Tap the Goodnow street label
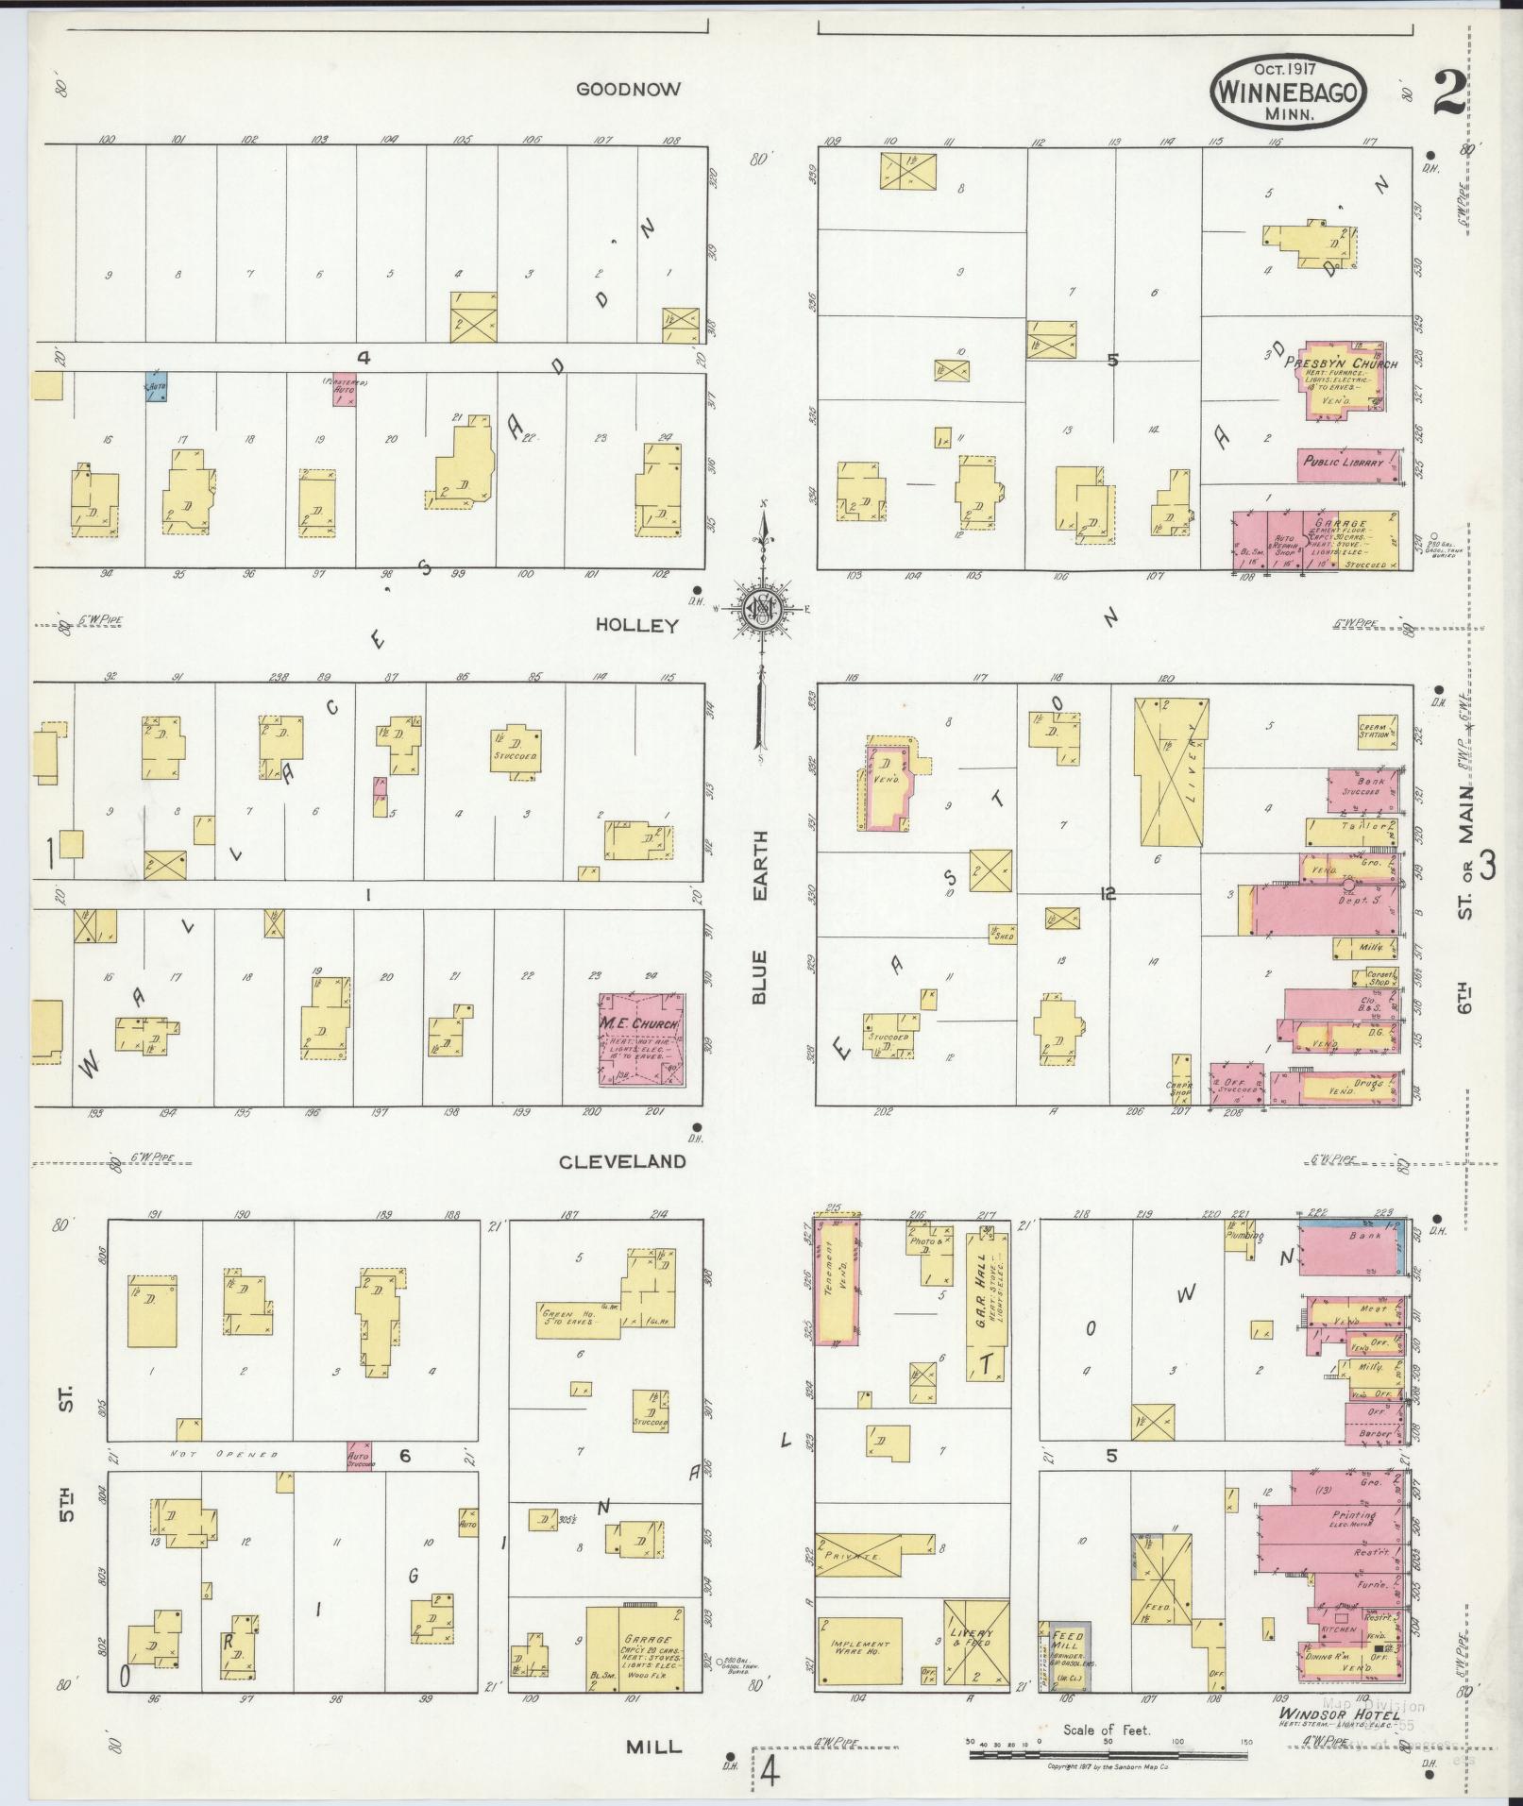pyautogui.click(x=628, y=90)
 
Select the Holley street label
pyautogui.click(x=637, y=626)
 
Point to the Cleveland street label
pyautogui.click(x=622, y=1162)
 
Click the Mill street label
pyautogui.click(x=653, y=1747)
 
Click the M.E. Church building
pyautogui.click(x=641, y=1038)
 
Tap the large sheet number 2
pyautogui.click(x=1447, y=93)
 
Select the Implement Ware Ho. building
pyautogui.click(x=859, y=1650)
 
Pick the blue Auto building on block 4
pyautogui.click(x=157, y=387)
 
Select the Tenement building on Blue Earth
pyautogui.click(x=837, y=1280)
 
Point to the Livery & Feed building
pyautogui.click(x=975, y=1643)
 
